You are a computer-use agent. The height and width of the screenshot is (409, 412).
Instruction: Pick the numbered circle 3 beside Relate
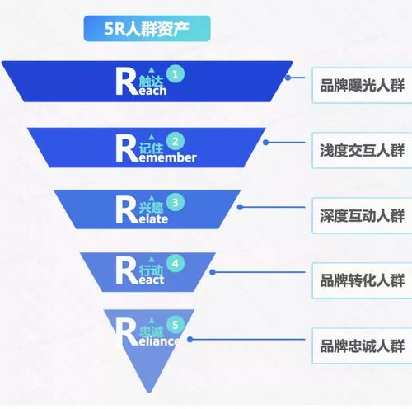coord(175,200)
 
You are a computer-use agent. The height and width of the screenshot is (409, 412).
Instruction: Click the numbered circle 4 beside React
coord(174,265)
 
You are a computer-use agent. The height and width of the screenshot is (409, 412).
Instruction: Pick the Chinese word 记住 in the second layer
coord(151,147)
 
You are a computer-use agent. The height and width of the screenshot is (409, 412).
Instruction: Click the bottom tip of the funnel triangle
coord(147,391)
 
